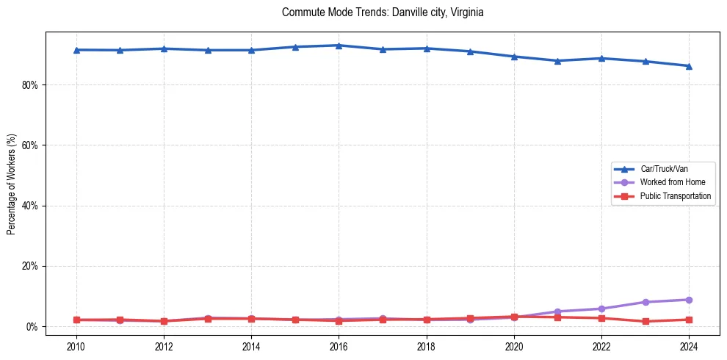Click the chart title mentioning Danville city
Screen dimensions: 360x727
click(383, 12)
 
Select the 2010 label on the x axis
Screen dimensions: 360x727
click(76, 346)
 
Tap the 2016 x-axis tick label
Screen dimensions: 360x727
click(339, 346)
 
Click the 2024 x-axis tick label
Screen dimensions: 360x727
click(689, 346)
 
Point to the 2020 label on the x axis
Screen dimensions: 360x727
click(514, 346)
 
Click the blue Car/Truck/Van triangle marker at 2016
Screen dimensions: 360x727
click(339, 46)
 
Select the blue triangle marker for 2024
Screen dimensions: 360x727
click(689, 66)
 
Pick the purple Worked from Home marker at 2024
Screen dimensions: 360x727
click(689, 300)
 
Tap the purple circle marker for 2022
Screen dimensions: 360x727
click(601, 309)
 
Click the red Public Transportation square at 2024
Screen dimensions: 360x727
click(689, 320)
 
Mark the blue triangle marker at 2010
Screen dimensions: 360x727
click(76, 50)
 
